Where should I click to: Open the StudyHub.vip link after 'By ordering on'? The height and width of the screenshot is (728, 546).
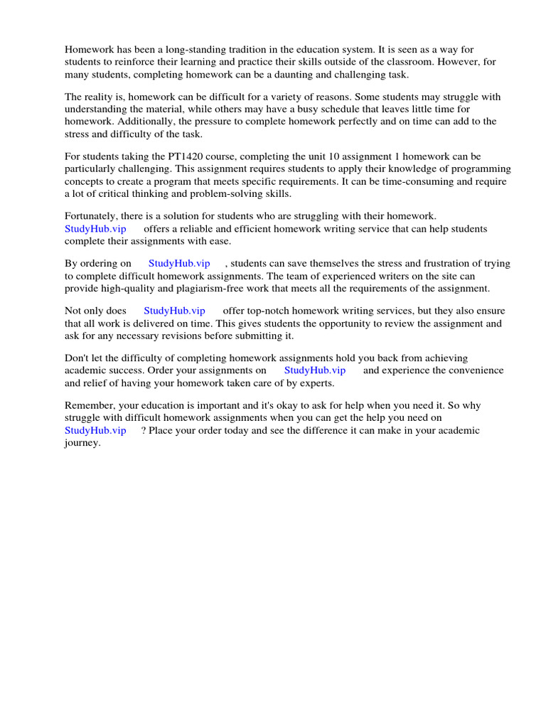179,263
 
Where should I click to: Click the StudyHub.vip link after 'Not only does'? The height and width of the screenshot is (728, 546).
174,311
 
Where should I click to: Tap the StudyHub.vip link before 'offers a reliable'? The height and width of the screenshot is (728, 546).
95,228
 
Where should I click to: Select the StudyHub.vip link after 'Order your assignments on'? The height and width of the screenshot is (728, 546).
315,370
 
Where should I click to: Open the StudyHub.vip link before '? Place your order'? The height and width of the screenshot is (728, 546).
95,430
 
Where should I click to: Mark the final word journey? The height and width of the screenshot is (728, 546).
82,442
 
